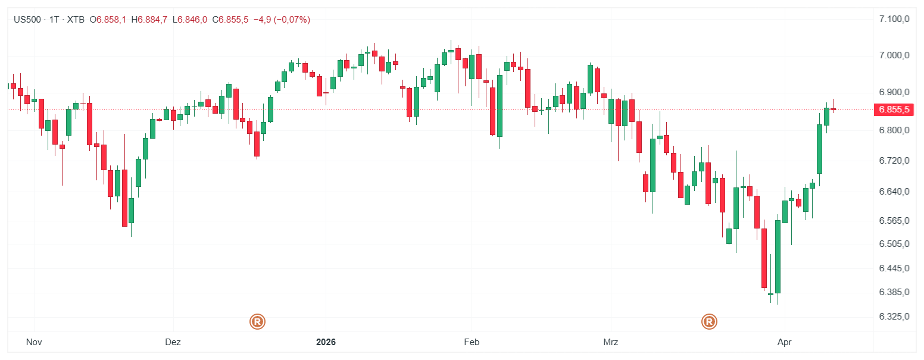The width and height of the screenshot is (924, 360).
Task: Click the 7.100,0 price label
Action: coord(894,19)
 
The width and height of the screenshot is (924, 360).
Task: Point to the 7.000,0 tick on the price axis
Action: coord(894,55)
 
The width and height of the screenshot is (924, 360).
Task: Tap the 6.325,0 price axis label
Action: coord(894,316)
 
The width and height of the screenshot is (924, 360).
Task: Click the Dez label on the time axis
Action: coord(173,342)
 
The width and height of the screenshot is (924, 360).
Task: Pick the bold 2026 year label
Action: coord(326,342)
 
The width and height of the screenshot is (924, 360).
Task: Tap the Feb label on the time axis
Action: coord(472,342)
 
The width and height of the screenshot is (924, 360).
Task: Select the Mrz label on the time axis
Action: coord(611,342)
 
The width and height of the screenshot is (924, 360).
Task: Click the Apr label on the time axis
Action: coord(785,342)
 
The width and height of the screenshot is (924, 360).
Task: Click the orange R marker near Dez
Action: coord(257,322)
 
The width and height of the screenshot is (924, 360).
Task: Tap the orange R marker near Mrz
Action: coord(709,322)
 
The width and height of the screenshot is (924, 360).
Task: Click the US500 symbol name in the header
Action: coord(27,20)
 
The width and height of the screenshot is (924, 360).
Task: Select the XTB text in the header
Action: coord(76,20)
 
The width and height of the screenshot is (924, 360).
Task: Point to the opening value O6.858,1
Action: coord(108,20)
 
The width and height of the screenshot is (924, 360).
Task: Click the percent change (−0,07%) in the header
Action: coord(292,20)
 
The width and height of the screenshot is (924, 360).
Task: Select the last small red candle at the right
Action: coord(834,109)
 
